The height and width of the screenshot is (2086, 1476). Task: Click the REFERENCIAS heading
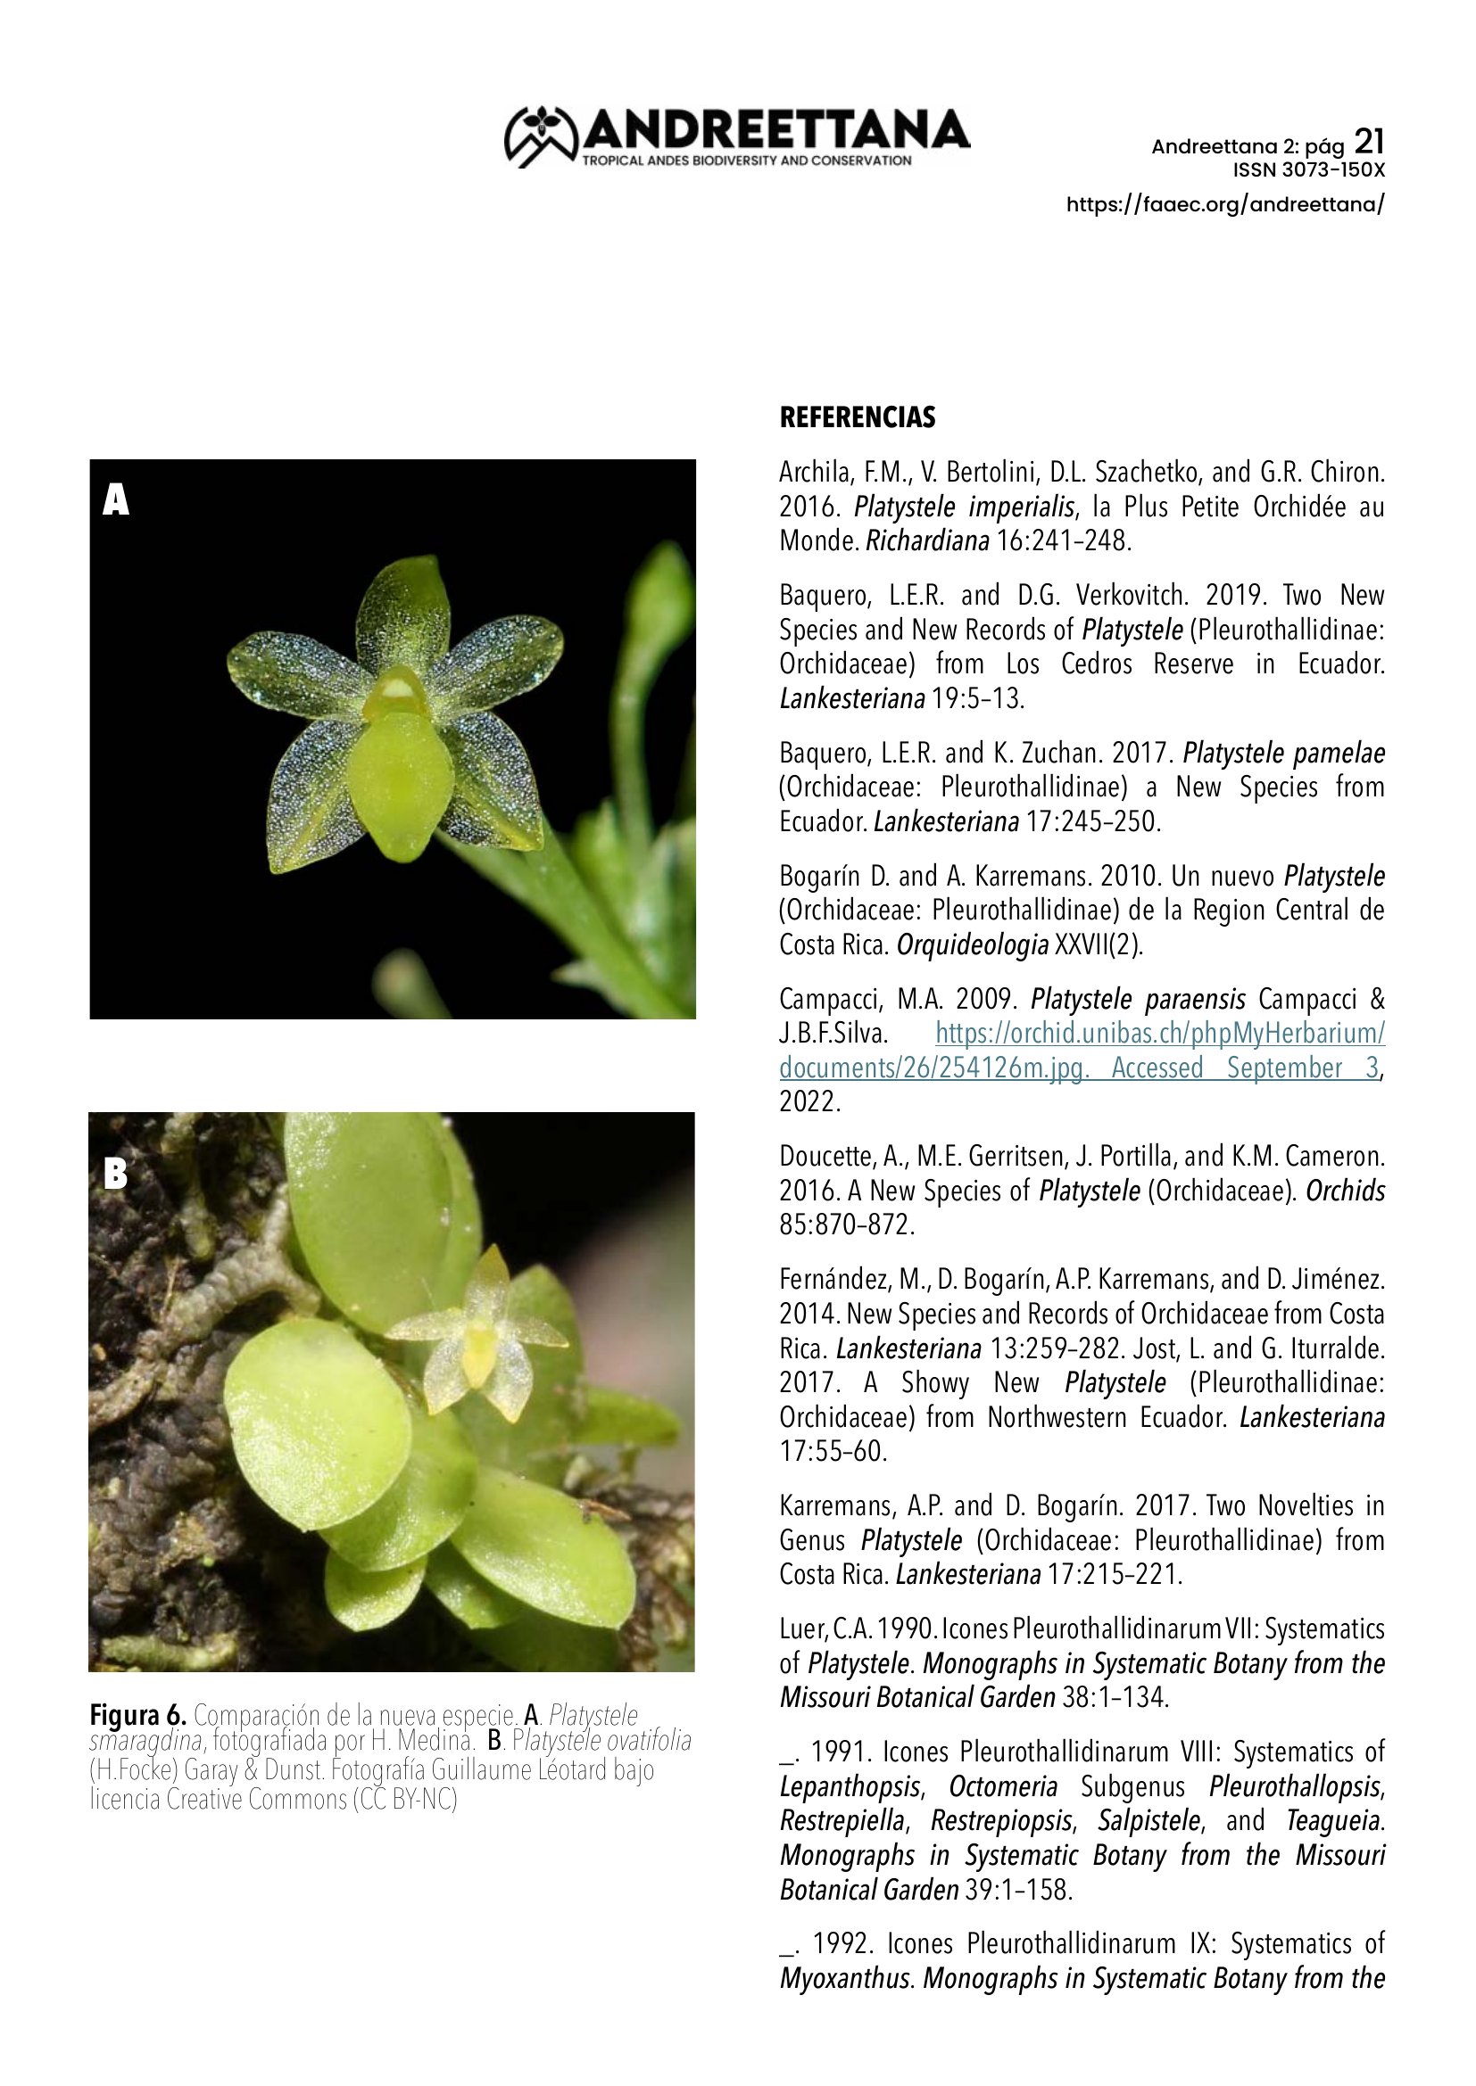(x=857, y=418)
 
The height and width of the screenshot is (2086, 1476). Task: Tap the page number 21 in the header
(x=1369, y=142)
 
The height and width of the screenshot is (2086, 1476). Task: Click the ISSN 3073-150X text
(x=1308, y=170)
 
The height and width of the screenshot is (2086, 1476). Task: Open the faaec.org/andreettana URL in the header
(x=1225, y=204)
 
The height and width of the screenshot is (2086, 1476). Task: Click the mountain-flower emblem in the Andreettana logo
(x=541, y=136)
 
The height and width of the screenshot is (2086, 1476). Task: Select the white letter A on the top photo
(x=115, y=499)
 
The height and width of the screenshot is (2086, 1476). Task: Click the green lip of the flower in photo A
(x=400, y=772)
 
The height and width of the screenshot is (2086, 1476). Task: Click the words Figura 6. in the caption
(x=137, y=1715)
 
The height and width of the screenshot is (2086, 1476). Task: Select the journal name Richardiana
(x=927, y=541)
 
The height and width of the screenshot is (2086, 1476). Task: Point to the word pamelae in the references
(x=1339, y=754)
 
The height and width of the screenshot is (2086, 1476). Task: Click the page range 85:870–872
(x=846, y=1224)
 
